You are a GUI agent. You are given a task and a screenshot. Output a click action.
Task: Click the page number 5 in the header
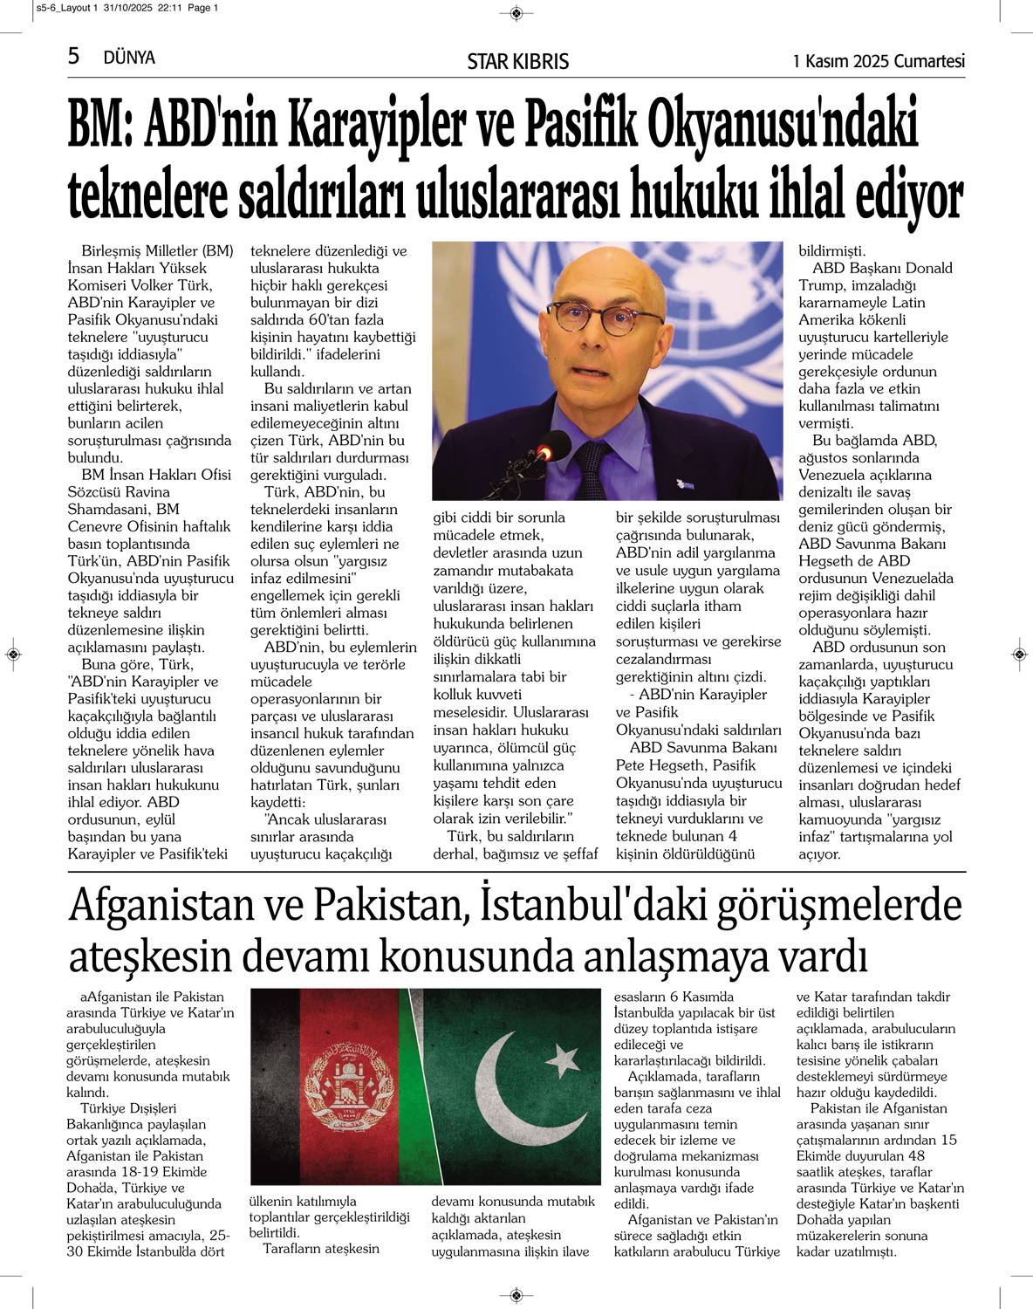click(74, 57)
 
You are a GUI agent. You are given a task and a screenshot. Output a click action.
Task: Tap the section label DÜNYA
click(129, 58)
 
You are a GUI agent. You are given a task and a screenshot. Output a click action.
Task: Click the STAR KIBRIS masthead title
click(517, 61)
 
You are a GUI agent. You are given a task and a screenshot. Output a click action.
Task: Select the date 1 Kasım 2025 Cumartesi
click(878, 61)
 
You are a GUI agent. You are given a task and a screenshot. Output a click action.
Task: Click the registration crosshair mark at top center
click(516, 12)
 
